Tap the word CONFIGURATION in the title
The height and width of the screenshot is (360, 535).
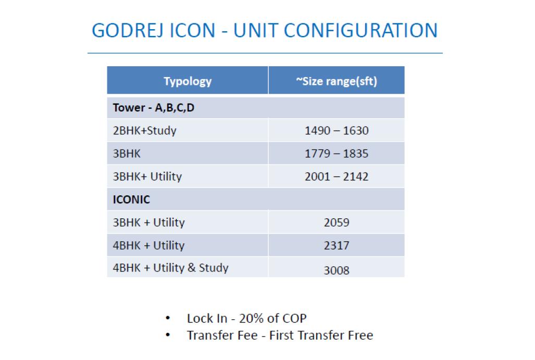360,30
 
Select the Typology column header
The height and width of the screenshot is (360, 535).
188,81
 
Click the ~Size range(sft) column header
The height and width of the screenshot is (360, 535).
337,81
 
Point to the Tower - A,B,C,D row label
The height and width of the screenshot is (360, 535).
154,108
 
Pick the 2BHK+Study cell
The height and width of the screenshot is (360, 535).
145,131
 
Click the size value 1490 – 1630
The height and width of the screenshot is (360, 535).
337,131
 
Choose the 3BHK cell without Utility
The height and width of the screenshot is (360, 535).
127,154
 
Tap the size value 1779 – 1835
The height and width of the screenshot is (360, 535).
337,154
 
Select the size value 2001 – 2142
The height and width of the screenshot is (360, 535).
337,177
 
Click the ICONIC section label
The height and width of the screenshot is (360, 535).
131,200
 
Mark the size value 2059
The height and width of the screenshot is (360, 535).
337,222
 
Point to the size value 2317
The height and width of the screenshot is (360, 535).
337,245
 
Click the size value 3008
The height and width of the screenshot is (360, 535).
337,270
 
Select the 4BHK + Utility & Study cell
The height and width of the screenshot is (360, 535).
170,268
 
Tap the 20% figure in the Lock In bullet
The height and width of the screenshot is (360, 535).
251,318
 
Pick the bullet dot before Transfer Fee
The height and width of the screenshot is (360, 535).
168,335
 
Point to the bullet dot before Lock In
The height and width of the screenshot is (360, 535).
168,318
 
